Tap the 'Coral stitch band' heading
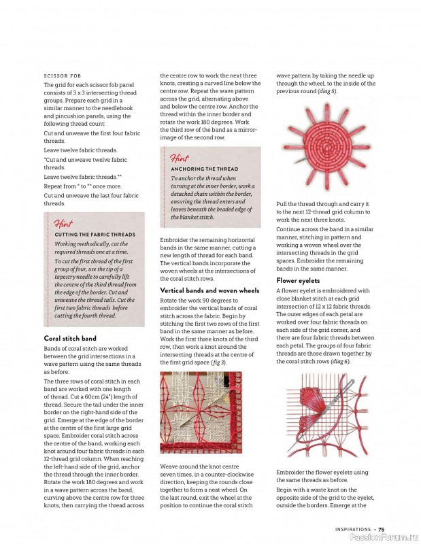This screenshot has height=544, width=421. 70,338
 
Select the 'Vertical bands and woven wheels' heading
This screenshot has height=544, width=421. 209,290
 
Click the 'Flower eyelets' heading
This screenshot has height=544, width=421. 298,280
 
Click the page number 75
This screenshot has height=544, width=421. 382,529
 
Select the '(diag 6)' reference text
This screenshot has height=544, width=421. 341,361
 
